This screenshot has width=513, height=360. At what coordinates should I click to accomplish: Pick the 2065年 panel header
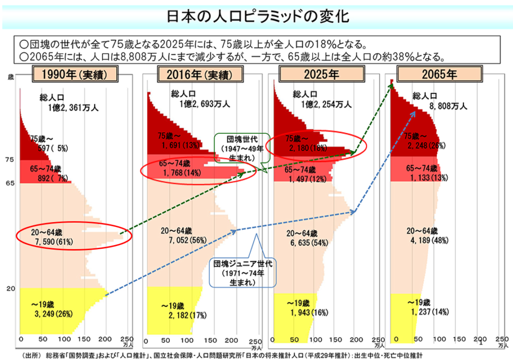(x=439, y=75)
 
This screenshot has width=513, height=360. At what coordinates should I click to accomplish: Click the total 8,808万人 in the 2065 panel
(x=448, y=106)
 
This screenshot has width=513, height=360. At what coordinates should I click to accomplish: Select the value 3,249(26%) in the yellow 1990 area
(x=53, y=314)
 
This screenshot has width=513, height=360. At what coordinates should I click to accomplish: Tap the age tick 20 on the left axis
(x=10, y=289)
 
